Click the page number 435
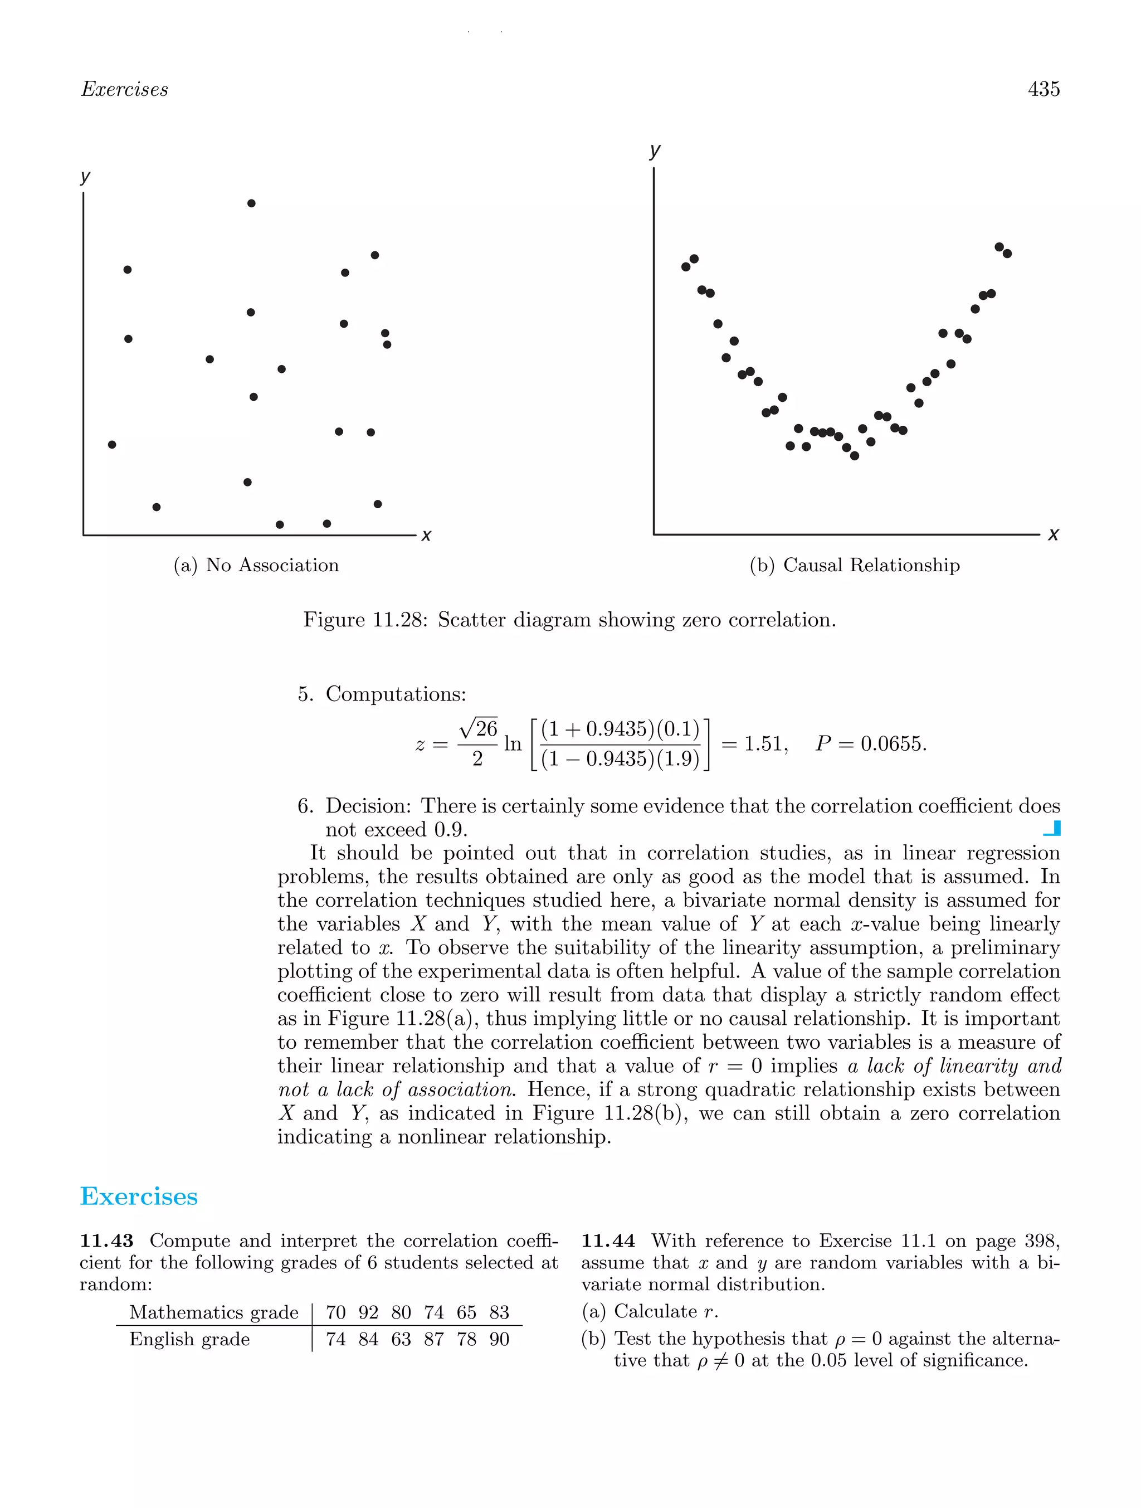pos(1043,89)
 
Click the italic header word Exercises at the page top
pos(124,89)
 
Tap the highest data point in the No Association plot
pos(251,203)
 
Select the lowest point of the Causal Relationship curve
pos(854,456)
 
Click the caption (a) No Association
pos(256,565)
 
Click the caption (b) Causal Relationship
pos(854,565)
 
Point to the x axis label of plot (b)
pos(1053,534)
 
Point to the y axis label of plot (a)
pos(85,177)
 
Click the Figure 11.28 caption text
pos(569,620)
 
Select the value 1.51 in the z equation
pos(763,744)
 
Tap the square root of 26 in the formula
pos(479,729)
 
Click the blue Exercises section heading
pos(139,1196)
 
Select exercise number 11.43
pos(106,1241)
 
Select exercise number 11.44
pos(608,1241)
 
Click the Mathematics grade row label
pos(213,1312)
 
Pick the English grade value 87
pos(433,1340)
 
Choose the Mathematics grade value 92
pos(368,1312)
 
